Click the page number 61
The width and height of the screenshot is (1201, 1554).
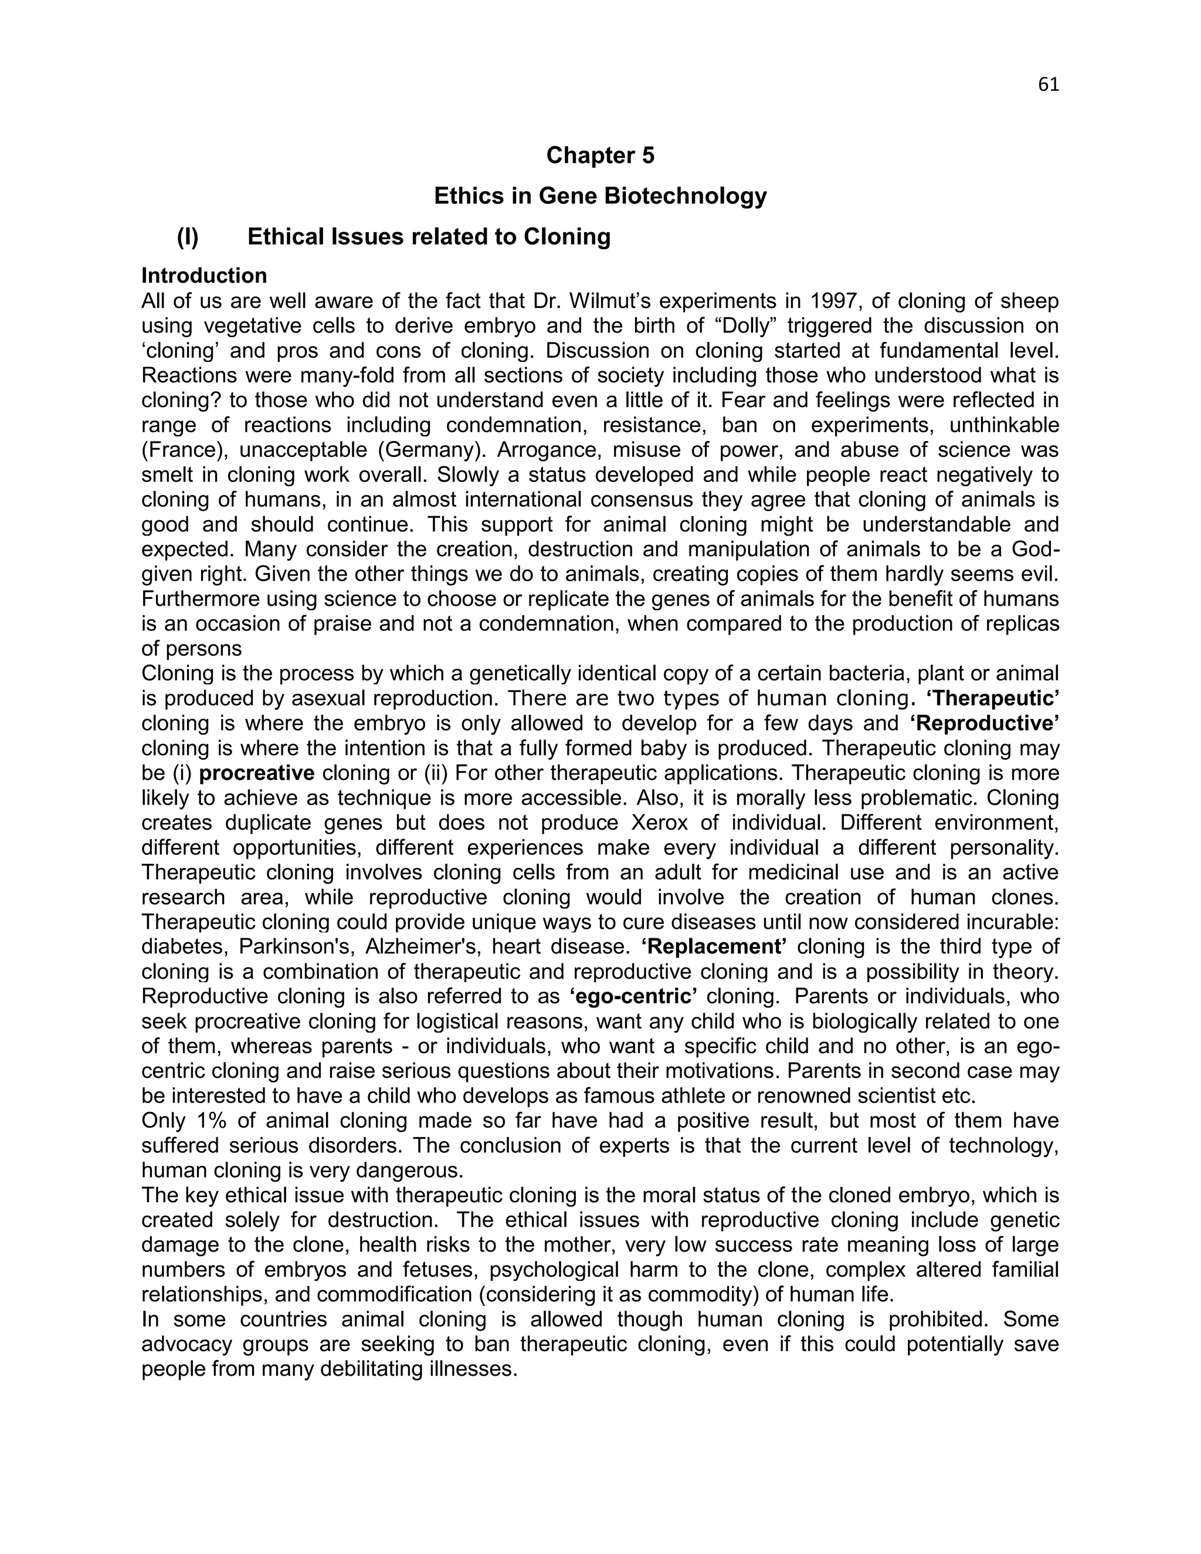pyautogui.click(x=1048, y=84)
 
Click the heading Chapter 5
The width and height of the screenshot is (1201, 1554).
pyautogui.click(x=600, y=155)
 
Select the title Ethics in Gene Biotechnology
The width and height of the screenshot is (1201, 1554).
pyautogui.click(x=600, y=196)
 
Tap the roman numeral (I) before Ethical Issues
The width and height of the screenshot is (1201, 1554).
pyautogui.click(x=188, y=236)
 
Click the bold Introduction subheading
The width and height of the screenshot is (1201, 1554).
pyautogui.click(x=204, y=276)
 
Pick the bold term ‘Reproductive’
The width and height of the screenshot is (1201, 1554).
pyautogui.click(x=985, y=723)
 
